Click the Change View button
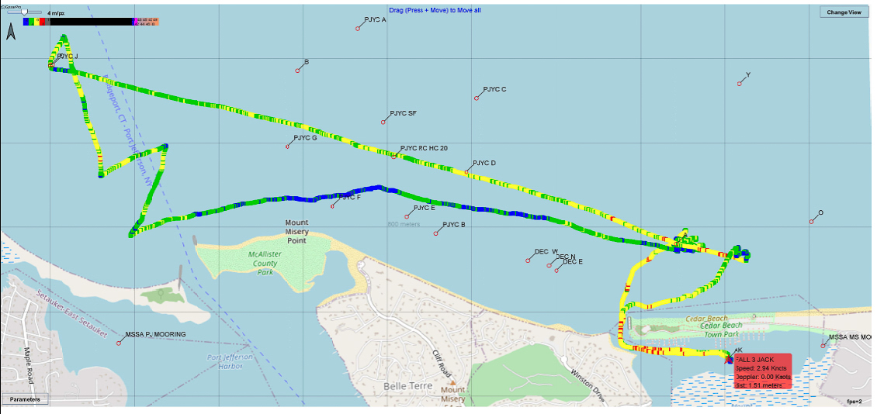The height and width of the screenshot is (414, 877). click(x=844, y=12)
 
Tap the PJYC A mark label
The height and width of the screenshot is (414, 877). click(x=375, y=19)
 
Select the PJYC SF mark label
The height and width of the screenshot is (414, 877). click(x=403, y=113)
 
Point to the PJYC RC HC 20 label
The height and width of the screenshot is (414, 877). click(x=424, y=148)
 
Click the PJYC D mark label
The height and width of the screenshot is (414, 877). click(x=484, y=163)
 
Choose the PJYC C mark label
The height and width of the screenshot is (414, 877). click(x=494, y=89)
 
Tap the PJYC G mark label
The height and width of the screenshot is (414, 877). click(x=305, y=138)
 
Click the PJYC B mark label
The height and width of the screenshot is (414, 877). click(x=453, y=225)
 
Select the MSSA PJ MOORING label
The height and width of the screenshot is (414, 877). click(x=155, y=334)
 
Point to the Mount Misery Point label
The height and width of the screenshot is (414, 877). click(x=296, y=231)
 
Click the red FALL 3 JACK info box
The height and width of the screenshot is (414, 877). click(x=763, y=372)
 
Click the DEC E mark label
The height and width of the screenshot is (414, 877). click(x=573, y=262)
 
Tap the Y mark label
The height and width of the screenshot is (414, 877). click(x=747, y=75)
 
